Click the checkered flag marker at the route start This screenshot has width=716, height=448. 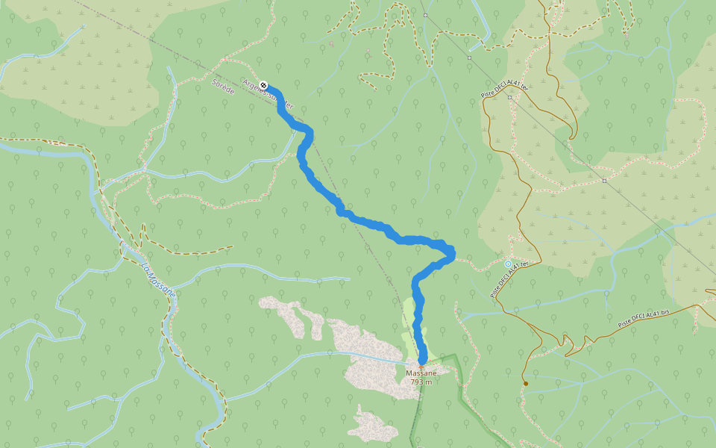coord(264,84)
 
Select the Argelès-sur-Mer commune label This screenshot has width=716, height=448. coord(273,93)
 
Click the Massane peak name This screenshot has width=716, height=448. coord(420,373)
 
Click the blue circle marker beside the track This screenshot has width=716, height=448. coord(508,264)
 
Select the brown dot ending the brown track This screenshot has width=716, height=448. coord(526,384)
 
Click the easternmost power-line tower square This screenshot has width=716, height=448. coord(604,180)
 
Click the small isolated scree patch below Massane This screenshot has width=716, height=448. coord(373,426)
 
